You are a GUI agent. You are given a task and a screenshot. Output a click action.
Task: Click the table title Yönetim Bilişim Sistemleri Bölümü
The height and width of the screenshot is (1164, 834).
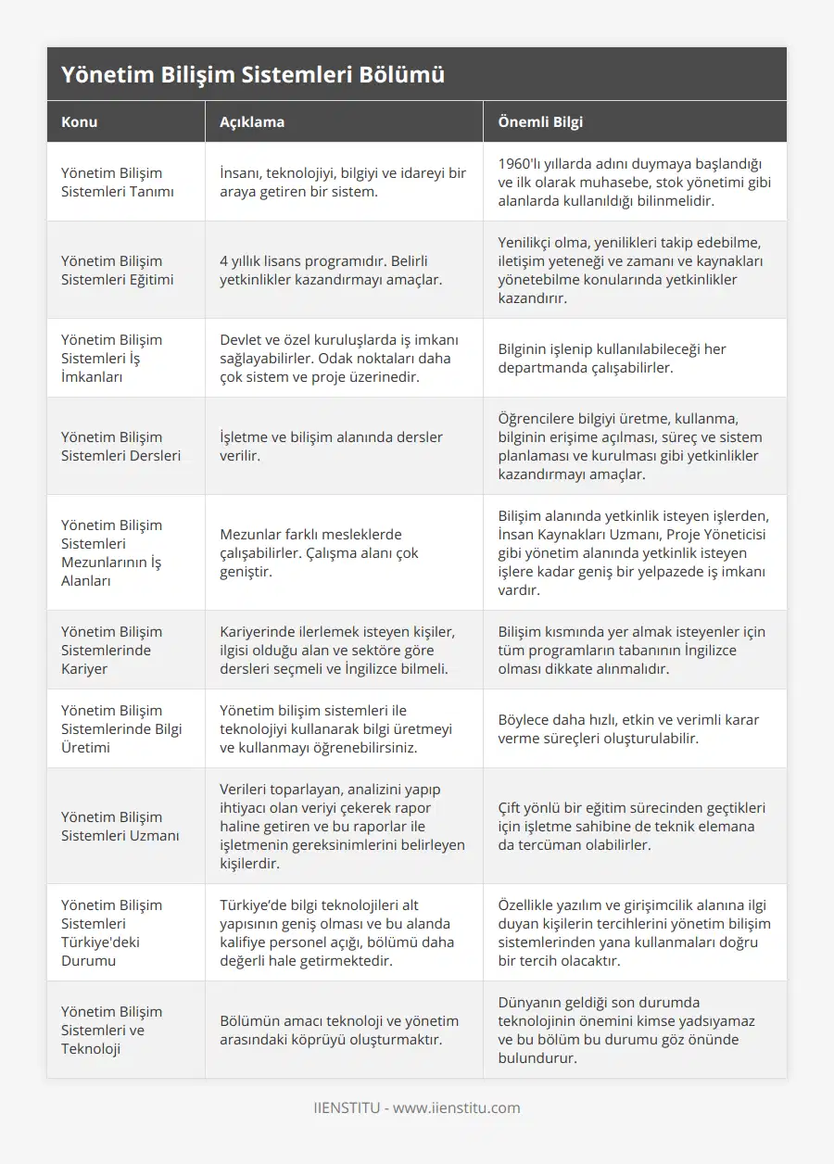coord(253,75)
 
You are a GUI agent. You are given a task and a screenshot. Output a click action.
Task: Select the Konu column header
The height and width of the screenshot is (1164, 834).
coord(80,121)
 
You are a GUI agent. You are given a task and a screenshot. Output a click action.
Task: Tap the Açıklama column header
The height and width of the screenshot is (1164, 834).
coord(252,121)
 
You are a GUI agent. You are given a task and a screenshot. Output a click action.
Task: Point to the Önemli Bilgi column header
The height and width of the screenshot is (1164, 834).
coord(540,121)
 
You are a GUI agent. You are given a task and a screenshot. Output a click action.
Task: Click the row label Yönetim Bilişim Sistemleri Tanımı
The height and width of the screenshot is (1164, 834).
coord(111,182)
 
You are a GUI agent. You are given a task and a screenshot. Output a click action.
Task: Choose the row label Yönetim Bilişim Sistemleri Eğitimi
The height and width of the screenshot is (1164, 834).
coord(111,270)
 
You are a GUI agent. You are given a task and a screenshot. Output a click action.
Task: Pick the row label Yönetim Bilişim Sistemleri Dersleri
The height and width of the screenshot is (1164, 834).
coord(120,446)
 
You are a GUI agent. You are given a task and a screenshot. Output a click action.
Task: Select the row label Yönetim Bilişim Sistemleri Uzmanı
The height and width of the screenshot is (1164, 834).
coord(120,826)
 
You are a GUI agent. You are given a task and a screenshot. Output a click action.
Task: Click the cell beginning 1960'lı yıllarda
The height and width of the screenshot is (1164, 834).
coord(634,182)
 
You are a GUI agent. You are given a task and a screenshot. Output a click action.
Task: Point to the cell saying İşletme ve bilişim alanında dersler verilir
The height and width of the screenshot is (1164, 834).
coord(331,446)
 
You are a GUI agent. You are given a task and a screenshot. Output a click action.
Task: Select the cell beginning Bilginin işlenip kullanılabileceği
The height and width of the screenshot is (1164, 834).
coord(612,358)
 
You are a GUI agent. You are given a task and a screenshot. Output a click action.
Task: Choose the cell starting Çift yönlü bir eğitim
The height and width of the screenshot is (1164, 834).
coord(630,826)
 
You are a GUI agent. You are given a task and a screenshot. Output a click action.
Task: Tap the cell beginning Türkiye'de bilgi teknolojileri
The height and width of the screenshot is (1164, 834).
coord(340,932)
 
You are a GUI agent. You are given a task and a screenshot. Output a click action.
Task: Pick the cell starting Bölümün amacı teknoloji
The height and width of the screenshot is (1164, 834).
coord(330,1030)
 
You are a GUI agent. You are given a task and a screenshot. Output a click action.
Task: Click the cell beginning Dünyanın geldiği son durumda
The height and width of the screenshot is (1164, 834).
coord(626,1030)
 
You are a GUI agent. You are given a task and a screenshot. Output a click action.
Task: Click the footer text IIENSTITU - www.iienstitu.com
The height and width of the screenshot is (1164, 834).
coord(417,1107)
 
